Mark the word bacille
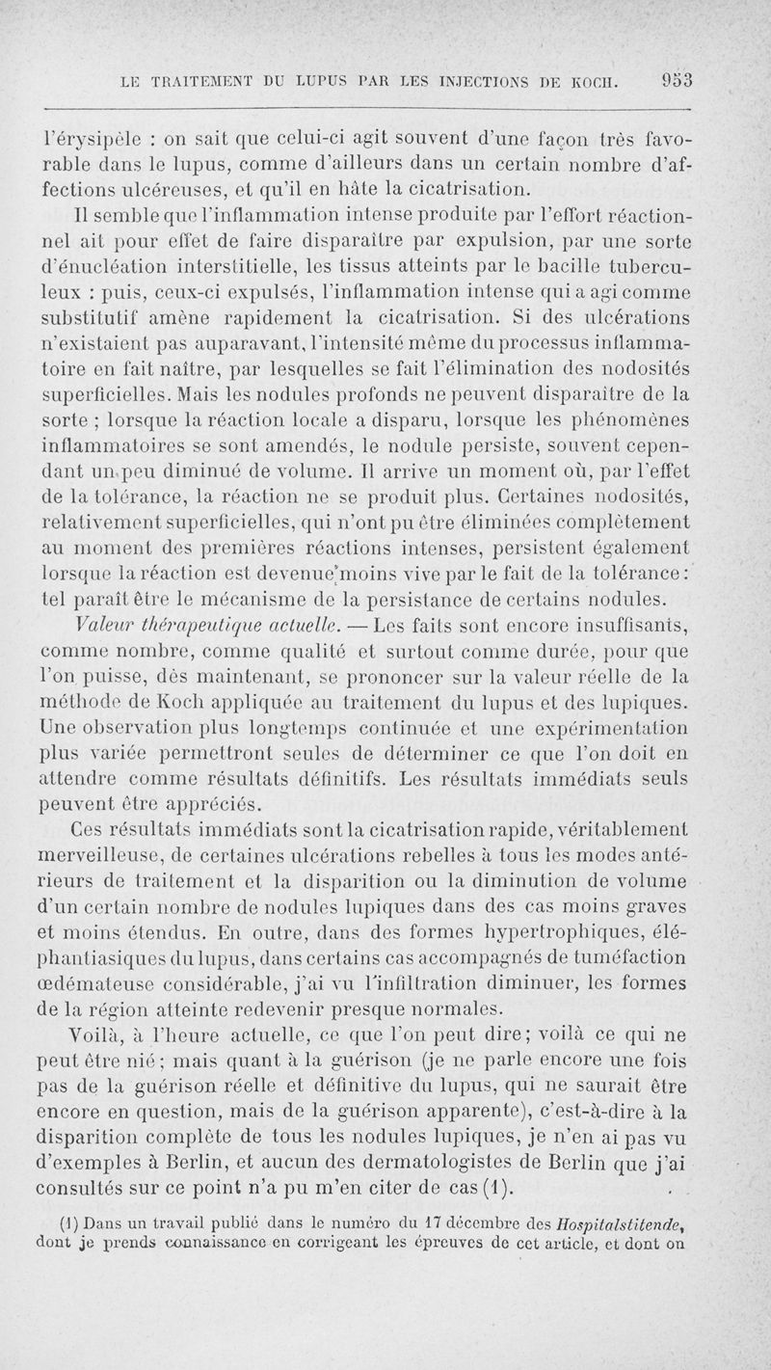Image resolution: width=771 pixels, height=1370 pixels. tap(568, 288)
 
